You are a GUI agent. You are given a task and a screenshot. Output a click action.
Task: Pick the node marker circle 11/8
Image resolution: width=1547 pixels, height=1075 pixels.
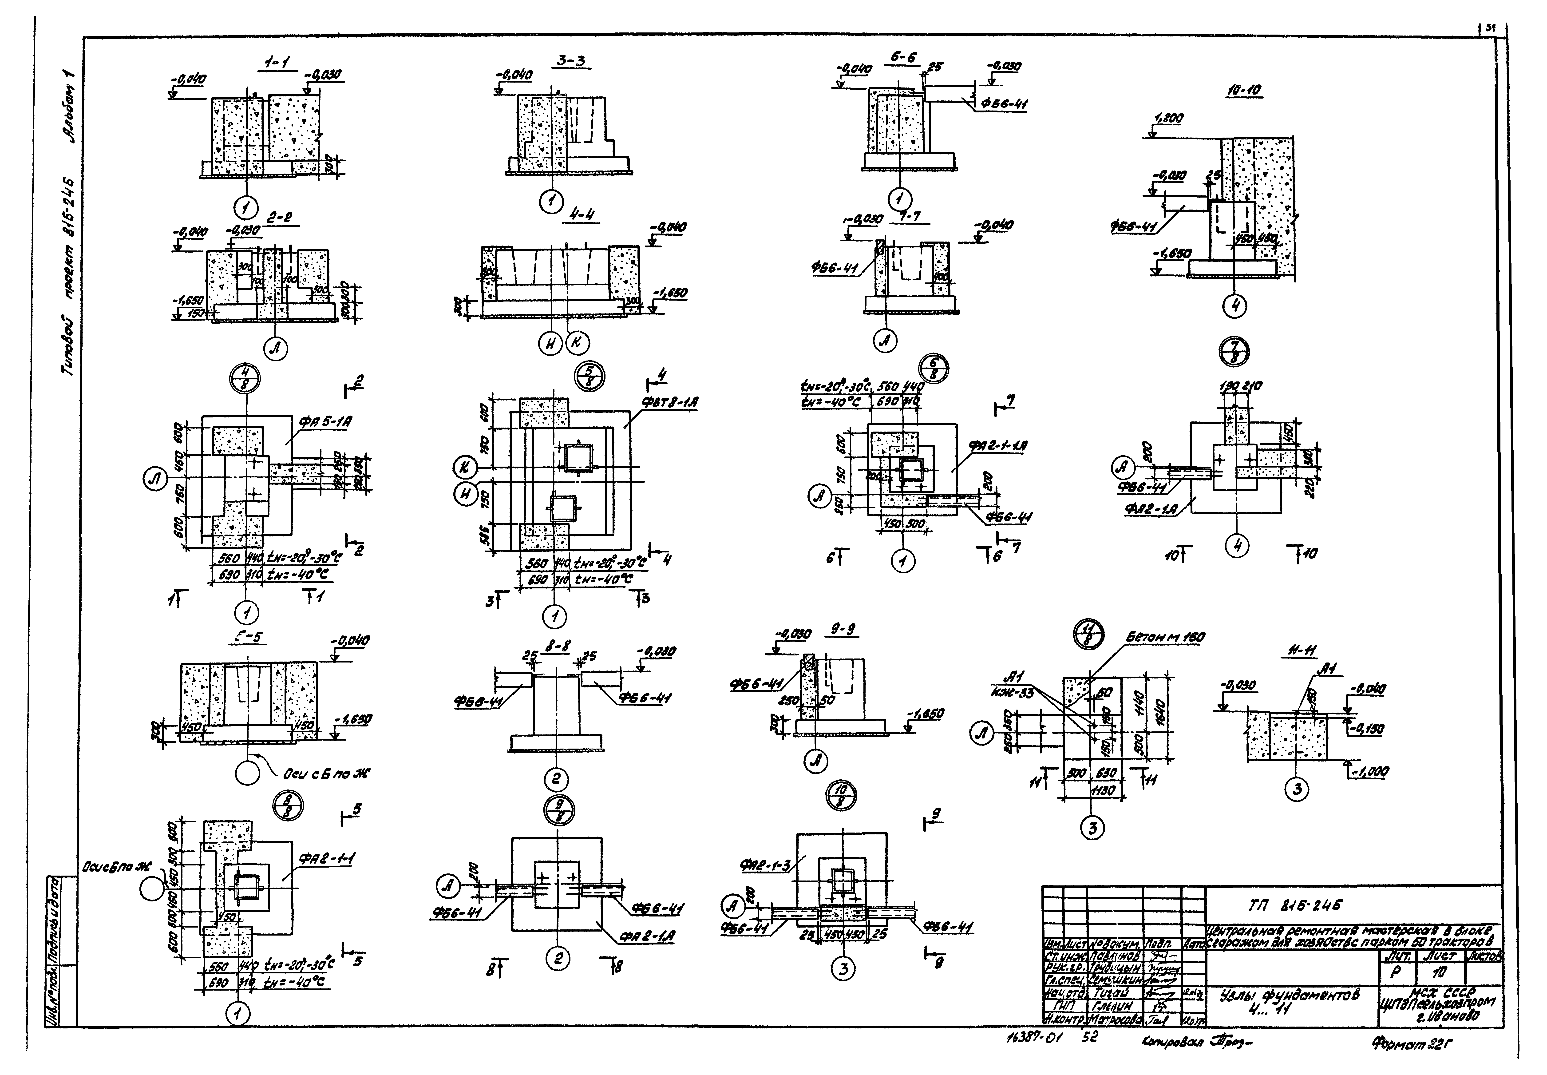1087,634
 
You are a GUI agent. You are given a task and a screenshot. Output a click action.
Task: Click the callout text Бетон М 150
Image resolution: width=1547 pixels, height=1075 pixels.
1165,637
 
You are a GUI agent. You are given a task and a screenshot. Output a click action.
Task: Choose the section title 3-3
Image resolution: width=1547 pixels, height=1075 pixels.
571,61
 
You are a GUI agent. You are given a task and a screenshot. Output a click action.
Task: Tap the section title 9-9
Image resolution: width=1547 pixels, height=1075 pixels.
843,630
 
